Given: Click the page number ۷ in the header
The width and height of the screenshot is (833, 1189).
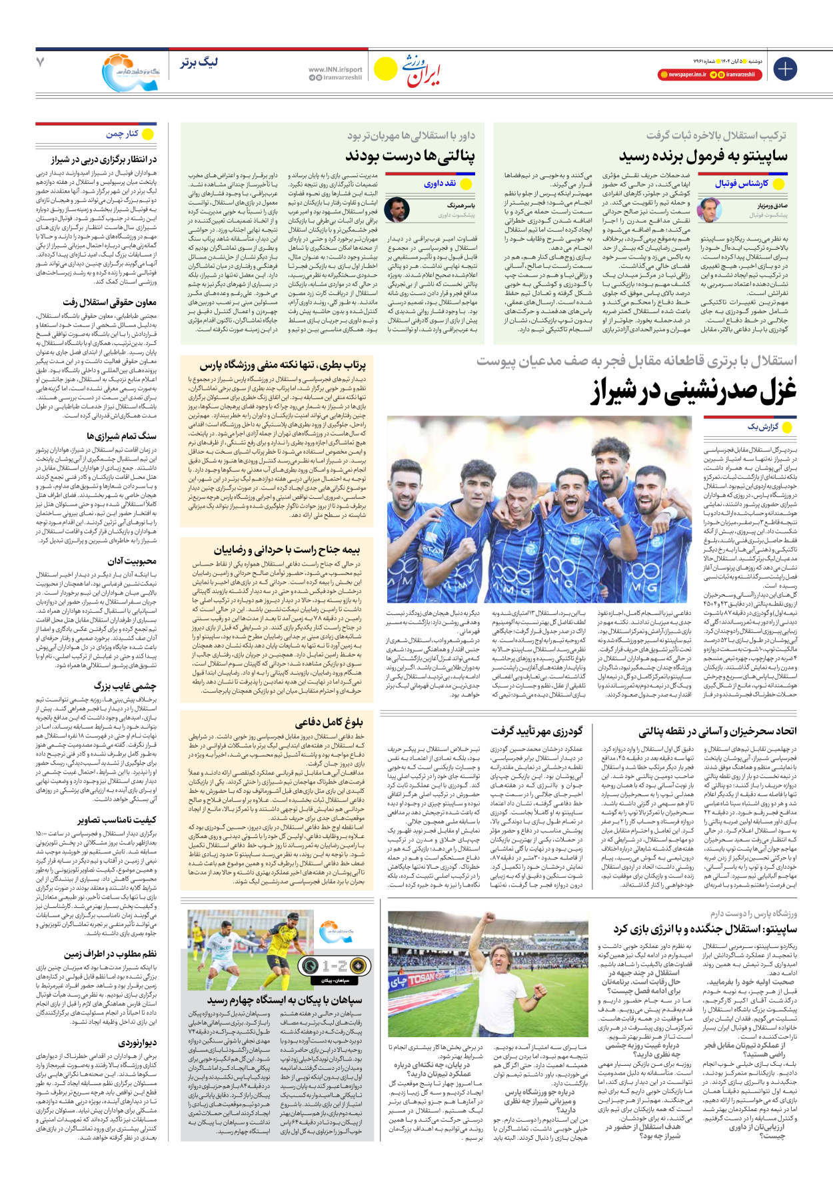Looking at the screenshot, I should tap(41, 62).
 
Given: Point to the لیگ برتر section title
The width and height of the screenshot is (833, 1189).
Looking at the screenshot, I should tap(199, 63).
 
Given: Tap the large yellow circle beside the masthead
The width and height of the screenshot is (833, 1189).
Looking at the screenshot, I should tap(386, 69).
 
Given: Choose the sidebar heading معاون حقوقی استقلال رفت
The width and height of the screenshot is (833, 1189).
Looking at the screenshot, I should tap(110, 302).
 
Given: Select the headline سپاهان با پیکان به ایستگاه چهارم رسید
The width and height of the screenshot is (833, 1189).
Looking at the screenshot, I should tap(285, 1000).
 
